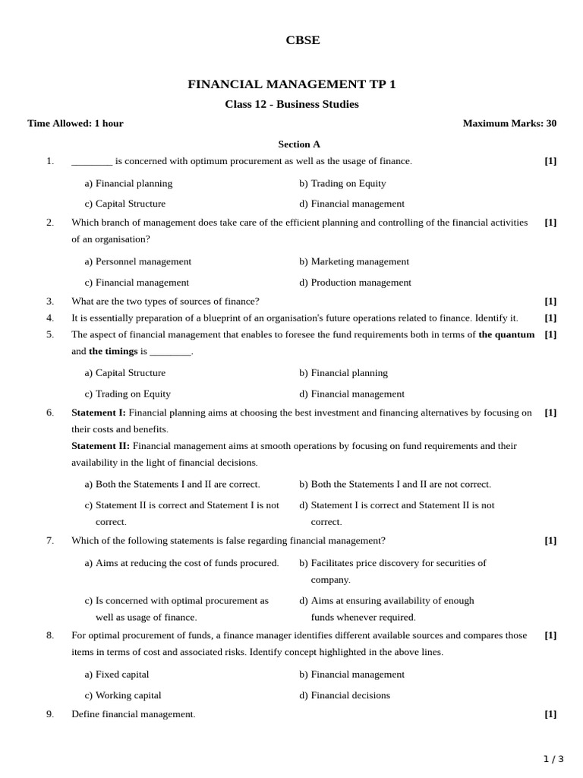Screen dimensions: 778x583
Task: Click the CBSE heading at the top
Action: coord(302,41)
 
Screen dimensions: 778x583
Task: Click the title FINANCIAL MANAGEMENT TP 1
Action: coord(291,84)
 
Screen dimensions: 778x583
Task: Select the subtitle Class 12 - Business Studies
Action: coord(291,104)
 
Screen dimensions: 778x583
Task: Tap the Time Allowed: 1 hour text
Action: coord(75,123)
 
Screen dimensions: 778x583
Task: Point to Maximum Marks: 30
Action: coord(509,123)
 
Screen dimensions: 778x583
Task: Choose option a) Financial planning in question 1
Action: coord(128,183)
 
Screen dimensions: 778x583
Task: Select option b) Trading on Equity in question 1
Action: coord(342,183)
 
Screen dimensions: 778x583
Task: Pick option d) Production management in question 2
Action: coord(355,283)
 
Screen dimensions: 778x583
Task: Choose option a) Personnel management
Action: coord(138,261)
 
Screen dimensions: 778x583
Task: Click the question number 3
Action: coord(50,301)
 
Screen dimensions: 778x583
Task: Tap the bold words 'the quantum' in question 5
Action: coord(506,334)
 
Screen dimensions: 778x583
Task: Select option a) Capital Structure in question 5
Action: coord(125,373)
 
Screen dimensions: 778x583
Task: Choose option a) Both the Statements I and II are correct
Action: coord(172,484)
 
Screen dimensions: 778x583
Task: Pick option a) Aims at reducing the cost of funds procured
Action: coord(182,563)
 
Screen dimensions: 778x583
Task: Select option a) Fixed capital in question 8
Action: coord(117,674)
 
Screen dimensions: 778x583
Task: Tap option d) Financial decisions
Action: coord(345,695)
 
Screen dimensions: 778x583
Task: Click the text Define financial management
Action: coord(134,714)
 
